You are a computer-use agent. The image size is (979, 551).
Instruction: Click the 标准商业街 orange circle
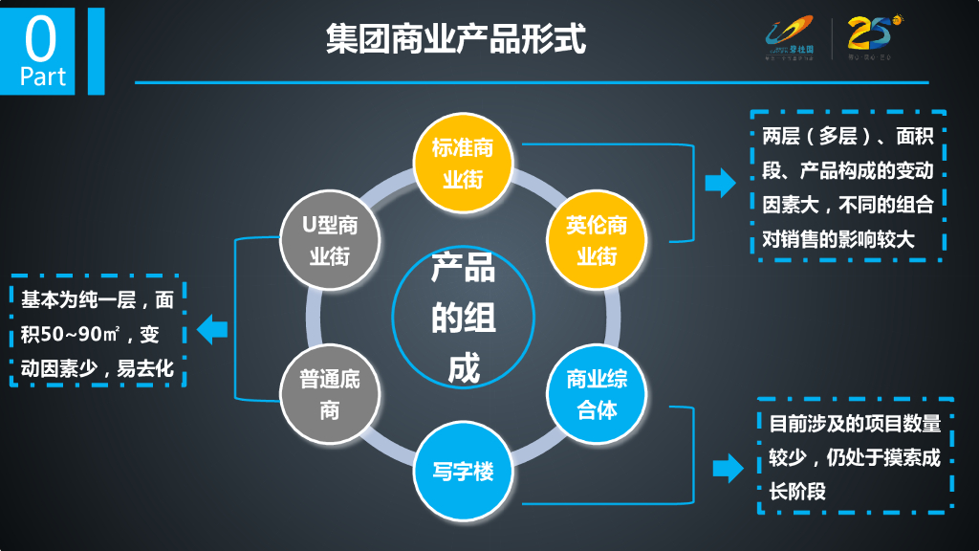[x=463, y=164]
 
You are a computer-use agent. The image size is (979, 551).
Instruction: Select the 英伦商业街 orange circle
[x=597, y=240]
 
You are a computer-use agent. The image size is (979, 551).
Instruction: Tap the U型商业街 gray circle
[x=329, y=240]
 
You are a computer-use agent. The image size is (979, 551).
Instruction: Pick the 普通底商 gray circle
[x=329, y=394]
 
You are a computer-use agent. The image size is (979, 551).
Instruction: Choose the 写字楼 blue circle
[x=463, y=472]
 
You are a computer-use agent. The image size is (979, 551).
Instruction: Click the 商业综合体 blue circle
[x=597, y=394]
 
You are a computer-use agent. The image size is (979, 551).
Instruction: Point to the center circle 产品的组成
[x=463, y=318]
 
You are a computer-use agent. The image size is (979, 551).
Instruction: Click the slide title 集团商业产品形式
[x=455, y=40]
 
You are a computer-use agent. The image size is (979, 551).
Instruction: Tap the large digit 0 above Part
[x=41, y=38]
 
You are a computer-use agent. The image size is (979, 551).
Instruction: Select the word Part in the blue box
[x=43, y=77]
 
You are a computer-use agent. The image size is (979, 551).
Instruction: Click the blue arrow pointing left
[x=211, y=331]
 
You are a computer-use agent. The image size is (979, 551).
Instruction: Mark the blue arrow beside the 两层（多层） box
[x=719, y=184]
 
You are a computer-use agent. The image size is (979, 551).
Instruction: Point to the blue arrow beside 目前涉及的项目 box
[x=728, y=469]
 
